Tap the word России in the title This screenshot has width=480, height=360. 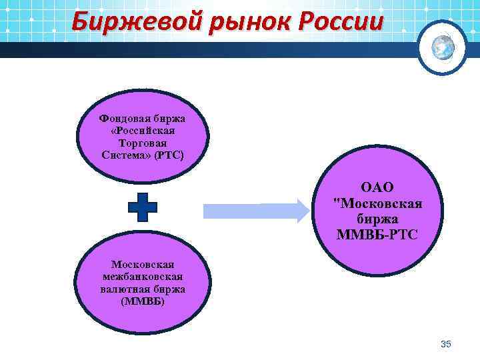tap(341, 22)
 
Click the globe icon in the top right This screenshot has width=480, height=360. tap(442, 46)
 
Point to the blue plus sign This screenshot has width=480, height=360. tap(143, 207)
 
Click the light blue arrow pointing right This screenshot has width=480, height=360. tap(255, 211)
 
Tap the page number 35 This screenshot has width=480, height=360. tap(446, 344)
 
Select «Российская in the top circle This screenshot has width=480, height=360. tap(143, 131)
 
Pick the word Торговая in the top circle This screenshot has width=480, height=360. tap(143, 143)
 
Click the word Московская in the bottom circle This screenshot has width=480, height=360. tap(143, 265)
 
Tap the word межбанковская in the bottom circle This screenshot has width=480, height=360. tap(143, 277)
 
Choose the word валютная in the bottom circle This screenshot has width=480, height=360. tap(125, 289)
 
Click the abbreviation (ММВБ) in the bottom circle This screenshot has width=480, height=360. tap(143, 301)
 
